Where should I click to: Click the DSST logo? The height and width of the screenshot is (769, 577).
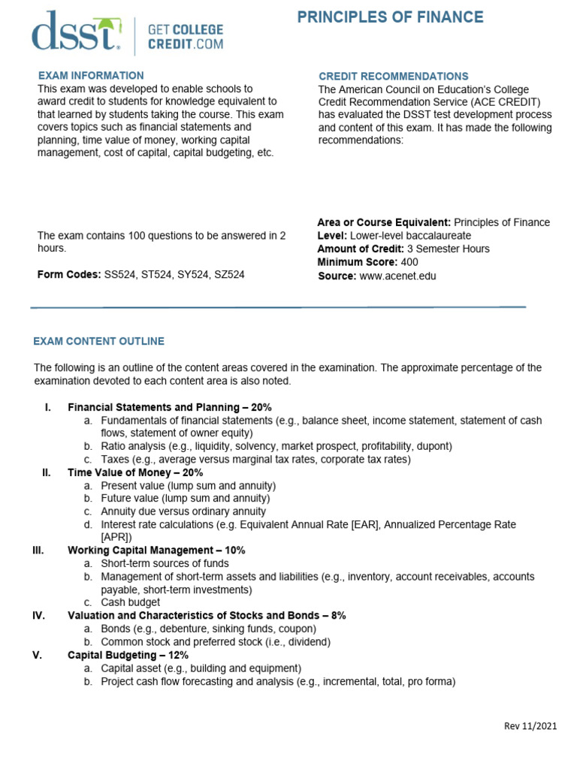[75, 32]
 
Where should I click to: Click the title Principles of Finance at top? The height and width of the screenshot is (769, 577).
[390, 17]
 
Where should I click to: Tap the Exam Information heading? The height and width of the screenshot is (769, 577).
[91, 75]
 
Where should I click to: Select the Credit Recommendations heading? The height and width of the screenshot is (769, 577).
[393, 77]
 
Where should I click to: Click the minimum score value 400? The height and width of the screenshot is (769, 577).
[409, 262]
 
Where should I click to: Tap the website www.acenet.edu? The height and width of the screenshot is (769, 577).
[397, 276]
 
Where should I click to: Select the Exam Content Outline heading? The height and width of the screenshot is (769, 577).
[98, 341]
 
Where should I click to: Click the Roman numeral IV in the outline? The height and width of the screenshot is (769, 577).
[39, 615]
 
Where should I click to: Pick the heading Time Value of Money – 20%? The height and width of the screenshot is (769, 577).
[135, 472]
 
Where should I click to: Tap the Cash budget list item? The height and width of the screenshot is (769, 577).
[130, 602]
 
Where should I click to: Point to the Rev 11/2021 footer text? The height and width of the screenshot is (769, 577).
[530, 725]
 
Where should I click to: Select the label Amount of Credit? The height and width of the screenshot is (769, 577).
[361, 249]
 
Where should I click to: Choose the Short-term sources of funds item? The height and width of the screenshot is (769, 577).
[165, 563]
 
